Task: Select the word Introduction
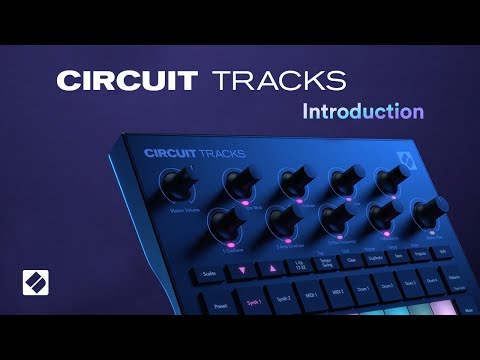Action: point(363,110)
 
